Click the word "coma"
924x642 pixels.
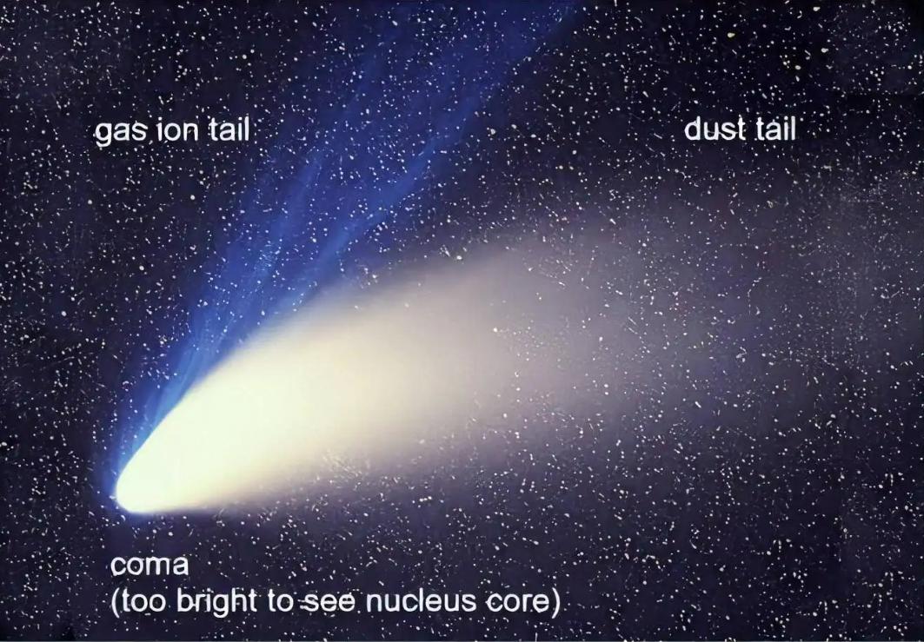[x=150, y=566]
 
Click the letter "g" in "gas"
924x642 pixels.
[x=103, y=134]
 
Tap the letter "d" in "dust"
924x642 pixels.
[x=693, y=130]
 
